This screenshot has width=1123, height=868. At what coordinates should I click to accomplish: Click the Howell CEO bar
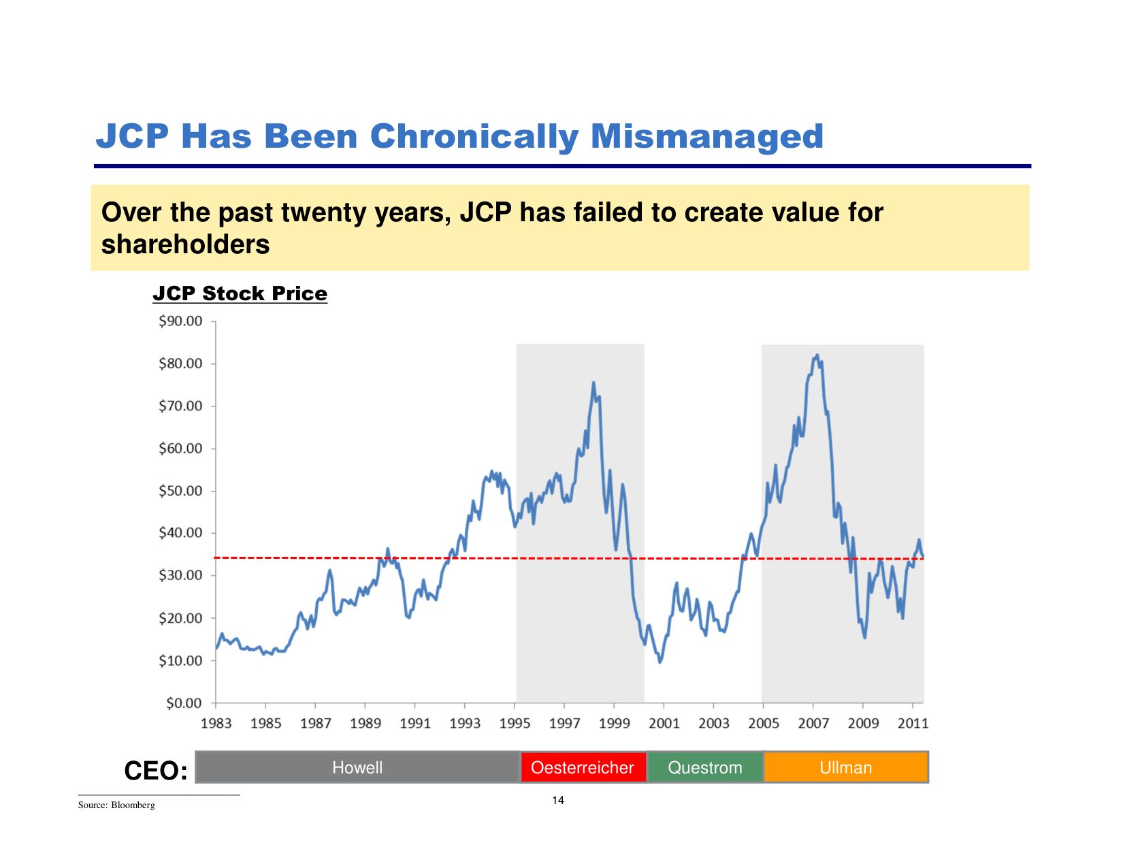coord(357,767)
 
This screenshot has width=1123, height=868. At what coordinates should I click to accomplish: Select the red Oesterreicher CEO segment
coord(583,767)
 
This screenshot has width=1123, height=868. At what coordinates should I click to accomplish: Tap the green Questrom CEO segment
coord(705,767)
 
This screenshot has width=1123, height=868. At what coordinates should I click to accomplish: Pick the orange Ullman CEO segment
coord(845,767)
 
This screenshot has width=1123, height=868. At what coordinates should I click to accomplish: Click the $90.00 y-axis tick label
coord(180,321)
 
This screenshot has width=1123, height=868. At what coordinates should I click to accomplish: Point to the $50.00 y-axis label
coord(180,491)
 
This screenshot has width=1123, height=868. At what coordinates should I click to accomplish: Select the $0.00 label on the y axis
coord(184,703)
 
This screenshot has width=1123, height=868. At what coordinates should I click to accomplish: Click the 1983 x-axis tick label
coord(216,723)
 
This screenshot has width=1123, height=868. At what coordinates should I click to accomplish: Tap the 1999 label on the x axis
coord(614,723)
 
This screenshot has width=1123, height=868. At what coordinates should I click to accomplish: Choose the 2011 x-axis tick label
coord(913,723)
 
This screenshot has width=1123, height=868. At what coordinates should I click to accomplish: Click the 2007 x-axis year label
coord(813,723)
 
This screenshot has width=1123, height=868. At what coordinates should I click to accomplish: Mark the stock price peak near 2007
coord(817,355)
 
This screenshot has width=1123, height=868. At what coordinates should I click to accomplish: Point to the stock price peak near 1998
coord(593,383)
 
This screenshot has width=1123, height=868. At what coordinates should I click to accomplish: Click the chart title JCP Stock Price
coord(240,293)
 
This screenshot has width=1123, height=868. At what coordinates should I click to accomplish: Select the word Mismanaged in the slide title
coord(706,136)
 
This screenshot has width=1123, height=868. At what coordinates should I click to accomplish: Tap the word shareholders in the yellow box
coord(185,244)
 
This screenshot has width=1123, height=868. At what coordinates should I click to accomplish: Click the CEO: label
coord(156,771)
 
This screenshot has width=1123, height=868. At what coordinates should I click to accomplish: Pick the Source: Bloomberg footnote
coord(116,805)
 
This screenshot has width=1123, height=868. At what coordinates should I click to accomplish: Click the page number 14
coord(558,800)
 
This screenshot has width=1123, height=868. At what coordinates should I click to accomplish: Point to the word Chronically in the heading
coord(473,136)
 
